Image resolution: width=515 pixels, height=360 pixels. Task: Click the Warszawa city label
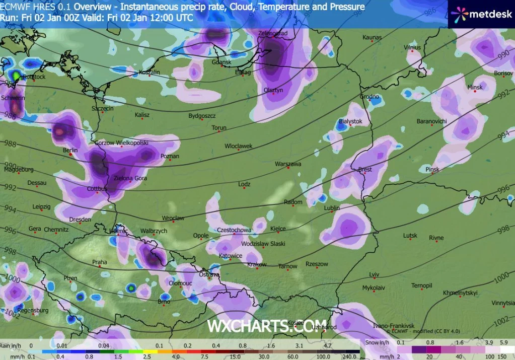click(x=288, y=164)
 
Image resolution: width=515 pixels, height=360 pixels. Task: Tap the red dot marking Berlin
click(x=71, y=155)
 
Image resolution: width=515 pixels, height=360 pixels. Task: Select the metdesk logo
click(x=481, y=14)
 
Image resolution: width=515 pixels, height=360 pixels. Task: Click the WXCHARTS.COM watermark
click(x=267, y=326)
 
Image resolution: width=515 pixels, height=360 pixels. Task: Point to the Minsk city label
click(x=475, y=87)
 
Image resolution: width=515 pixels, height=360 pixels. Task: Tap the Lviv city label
click(x=374, y=274)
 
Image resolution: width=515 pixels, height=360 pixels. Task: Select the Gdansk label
click(x=221, y=62)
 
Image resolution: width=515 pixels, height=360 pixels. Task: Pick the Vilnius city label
click(x=412, y=47)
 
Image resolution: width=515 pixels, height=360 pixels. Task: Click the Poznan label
click(x=170, y=156)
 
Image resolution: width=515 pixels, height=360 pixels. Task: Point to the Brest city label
click(x=365, y=170)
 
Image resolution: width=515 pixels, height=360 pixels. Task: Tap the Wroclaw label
click(x=173, y=218)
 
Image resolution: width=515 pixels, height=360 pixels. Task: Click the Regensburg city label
click(x=33, y=310)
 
